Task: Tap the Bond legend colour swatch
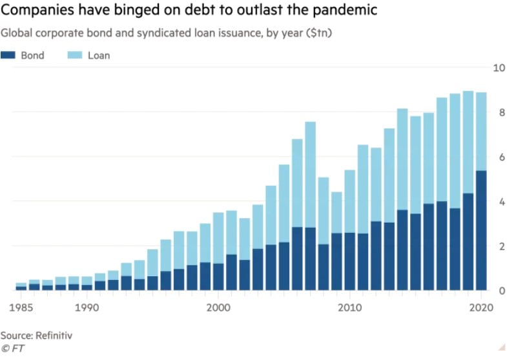tap(8, 55)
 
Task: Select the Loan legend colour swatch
tap(75, 55)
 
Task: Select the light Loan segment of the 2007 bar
tap(311, 174)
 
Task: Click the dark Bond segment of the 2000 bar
tap(218, 277)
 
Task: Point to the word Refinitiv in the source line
tap(55, 335)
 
